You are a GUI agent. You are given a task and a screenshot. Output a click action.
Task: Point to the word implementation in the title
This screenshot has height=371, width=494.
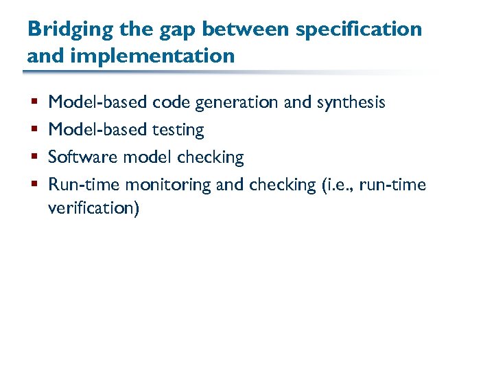click(x=152, y=55)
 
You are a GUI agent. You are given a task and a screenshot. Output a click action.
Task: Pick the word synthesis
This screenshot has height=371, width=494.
click(x=351, y=103)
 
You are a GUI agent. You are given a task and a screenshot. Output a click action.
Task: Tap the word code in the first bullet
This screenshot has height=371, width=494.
click(x=172, y=102)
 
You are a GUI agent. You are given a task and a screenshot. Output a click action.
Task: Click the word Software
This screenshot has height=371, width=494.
click(x=83, y=157)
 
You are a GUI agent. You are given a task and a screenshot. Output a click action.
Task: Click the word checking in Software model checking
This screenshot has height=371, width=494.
click(x=210, y=157)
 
